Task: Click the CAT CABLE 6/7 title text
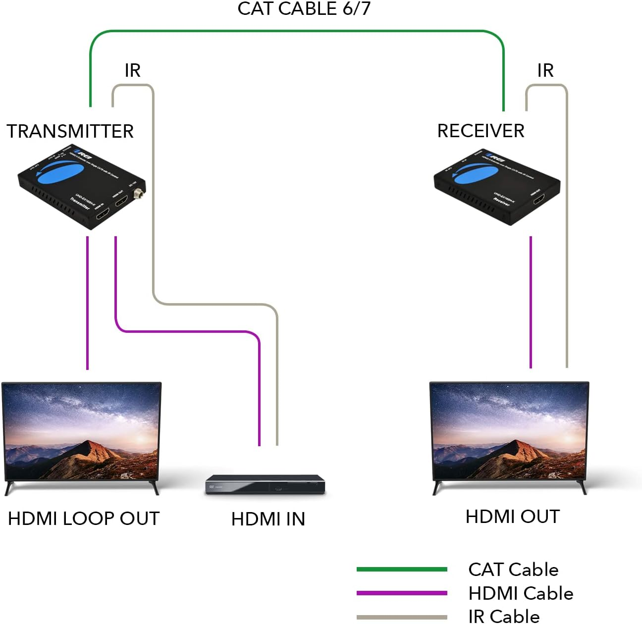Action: pyautogui.click(x=304, y=9)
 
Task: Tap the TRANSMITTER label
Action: pyautogui.click(x=70, y=131)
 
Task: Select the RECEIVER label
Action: pyautogui.click(x=481, y=131)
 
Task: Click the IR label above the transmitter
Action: pyautogui.click(x=132, y=70)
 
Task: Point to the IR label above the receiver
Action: pyautogui.click(x=545, y=70)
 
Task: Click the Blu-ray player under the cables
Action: pyautogui.click(x=266, y=485)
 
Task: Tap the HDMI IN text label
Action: pyautogui.click(x=268, y=519)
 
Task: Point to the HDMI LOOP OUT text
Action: pyautogui.click(x=84, y=519)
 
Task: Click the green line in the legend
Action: pyautogui.click(x=402, y=570)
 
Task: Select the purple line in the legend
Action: pyautogui.click(x=402, y=593)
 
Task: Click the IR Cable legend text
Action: pyautogui.click(x=504, y=616)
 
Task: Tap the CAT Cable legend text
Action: pyautogui.click(x=513, y=570)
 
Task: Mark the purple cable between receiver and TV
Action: pyautogui.click(x=531, y=302)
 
